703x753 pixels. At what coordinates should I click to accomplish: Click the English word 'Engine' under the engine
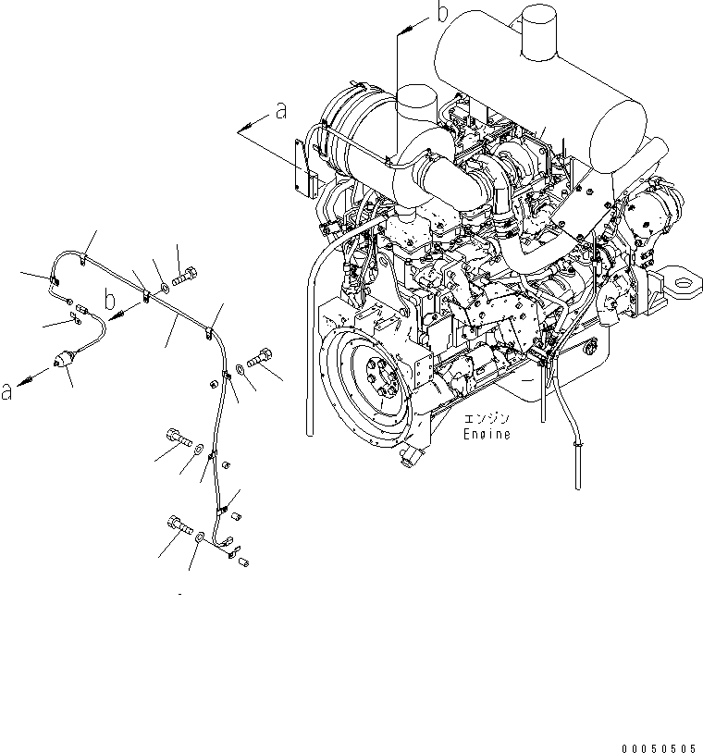(x=487, y=434)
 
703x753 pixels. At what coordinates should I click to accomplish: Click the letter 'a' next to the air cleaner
(x=281, y=112)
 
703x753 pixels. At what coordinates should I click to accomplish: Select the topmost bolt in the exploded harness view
(x=186, y=275)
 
